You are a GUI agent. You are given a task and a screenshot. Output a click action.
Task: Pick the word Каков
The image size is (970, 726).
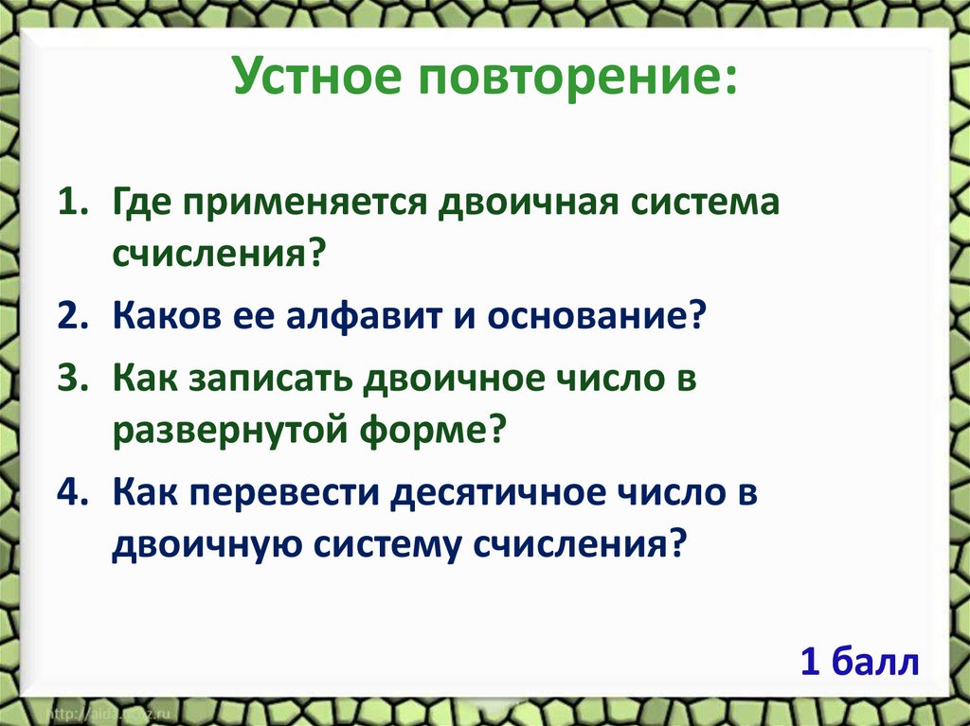166,315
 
